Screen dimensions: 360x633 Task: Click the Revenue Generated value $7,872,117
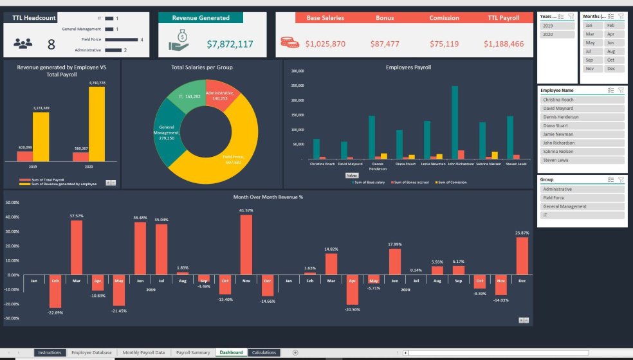(230, 44)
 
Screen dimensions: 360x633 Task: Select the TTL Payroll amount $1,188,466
(505, 44)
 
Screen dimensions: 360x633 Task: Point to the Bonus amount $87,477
(385, 44)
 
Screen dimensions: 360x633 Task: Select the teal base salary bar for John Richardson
(455, 122)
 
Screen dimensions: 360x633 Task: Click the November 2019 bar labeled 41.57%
(246, 244)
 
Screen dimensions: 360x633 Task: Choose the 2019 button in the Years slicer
(557, 26)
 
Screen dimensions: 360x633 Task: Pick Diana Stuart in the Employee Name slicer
(582, 125)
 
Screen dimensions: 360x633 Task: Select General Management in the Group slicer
(582, 206)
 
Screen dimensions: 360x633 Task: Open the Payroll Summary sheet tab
(193, 352)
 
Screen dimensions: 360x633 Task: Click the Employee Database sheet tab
(91, 352)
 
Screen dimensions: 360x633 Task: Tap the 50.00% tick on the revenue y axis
(12, 203)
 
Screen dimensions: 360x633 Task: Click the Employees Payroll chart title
(408, 67)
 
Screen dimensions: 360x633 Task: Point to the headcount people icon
(23, 44)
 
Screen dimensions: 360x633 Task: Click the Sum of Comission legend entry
(451, 183)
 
